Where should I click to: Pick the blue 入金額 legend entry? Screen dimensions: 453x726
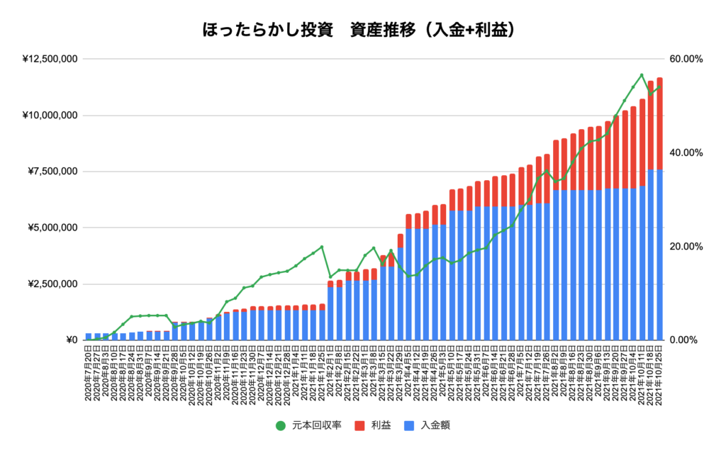point(429,425)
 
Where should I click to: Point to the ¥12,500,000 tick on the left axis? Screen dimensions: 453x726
point(50,60)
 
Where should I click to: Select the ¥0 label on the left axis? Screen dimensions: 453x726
point(70,340)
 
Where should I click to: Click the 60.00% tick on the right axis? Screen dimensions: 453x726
point(686,60)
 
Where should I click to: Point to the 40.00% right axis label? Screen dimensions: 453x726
point(686,153)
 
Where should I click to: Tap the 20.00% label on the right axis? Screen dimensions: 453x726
point(686,247)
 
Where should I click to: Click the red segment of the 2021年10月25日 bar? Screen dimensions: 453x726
point(659,124)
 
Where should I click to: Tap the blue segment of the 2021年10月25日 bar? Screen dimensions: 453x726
point(659,255)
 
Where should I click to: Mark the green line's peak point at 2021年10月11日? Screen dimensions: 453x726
point(642,75)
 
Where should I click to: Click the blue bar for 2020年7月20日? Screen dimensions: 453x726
point(89,337)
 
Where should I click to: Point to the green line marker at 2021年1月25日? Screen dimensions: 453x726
point(322,247)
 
